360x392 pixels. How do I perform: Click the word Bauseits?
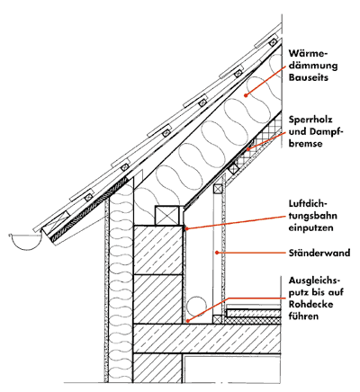(x=309, y=77)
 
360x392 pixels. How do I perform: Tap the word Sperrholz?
(x=310, y=120)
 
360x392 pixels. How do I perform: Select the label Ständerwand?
(x=319, y=253)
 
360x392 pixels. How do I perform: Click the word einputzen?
(x=311, y=227)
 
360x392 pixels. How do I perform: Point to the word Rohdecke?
(x=311, y=304)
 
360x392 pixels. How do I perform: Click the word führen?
(x=303, y=316)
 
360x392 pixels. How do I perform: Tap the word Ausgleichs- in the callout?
(x=315, y=281)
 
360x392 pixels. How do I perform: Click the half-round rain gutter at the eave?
(x=25, y=241)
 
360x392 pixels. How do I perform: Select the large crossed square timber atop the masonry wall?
(x=169, y=215)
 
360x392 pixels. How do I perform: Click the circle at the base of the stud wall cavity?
(x=196, y=307)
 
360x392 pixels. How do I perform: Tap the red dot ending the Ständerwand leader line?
(x=217, y=253)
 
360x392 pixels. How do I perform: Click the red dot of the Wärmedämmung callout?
(x=246, y=95)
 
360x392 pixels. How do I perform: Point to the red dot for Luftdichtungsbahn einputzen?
(x=186, y=228)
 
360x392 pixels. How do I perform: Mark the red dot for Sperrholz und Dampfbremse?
(x=248, y=148)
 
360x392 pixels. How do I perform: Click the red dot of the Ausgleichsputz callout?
(x=187, y=321)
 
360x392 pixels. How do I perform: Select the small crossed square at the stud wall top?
(x=218, y=190)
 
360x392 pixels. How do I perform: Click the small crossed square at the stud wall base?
(x=218, y=319)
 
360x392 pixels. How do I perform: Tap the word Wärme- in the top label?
(x=308, y=53)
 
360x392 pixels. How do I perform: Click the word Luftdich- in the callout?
(x=309, y=203)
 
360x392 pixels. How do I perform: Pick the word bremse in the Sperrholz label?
(x=306, y=144)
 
